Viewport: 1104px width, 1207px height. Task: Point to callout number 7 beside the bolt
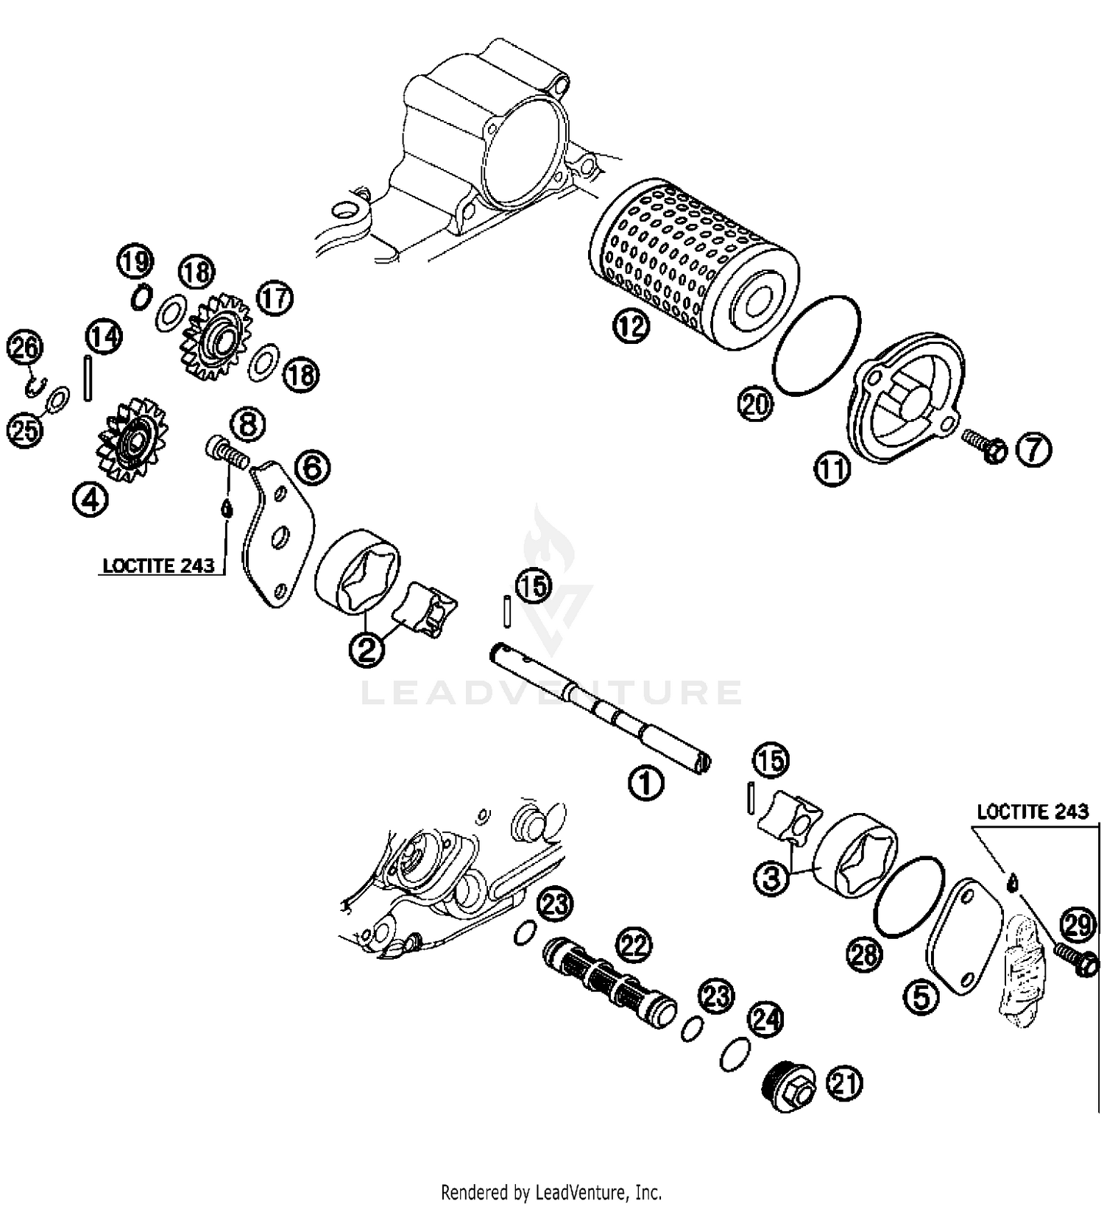coord(1033,449)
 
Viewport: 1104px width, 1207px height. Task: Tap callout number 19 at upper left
coord(135,261)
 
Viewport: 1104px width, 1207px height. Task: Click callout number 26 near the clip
coord(25,348)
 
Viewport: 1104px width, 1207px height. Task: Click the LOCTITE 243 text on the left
coord(158,566)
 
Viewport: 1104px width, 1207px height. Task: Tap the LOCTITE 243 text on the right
coord(1032,812)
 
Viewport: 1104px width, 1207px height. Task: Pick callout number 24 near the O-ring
coord(765,1019)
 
